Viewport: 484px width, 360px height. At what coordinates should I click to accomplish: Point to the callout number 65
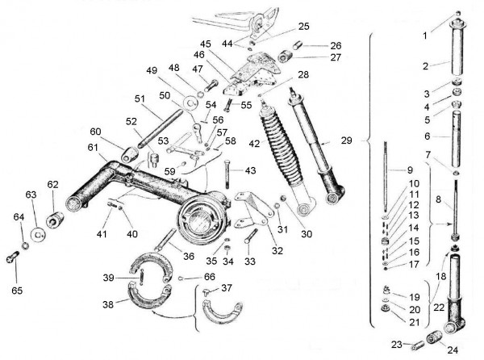click(x=16, y=287)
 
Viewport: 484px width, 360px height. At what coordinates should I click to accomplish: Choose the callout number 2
click(x=426, y=64)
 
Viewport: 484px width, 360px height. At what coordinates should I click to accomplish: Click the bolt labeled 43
click(x=228, y=176)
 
